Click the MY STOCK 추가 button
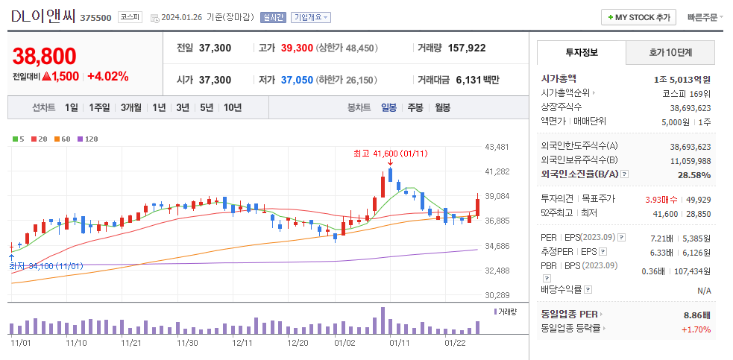pos(638,17)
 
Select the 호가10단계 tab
pos(670,52)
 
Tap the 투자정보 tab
pos(582,52)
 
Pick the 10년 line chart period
pos(232,107)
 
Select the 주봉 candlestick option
pos(415,107)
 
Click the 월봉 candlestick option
pos(442,107)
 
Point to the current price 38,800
pos(45,56)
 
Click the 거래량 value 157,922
pos(467,48)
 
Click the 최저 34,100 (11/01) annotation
pos(46,265)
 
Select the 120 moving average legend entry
pos(89,139)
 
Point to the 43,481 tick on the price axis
pos(497,147)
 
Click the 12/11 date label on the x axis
pos(242,343)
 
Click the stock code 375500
pos(95,17)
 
